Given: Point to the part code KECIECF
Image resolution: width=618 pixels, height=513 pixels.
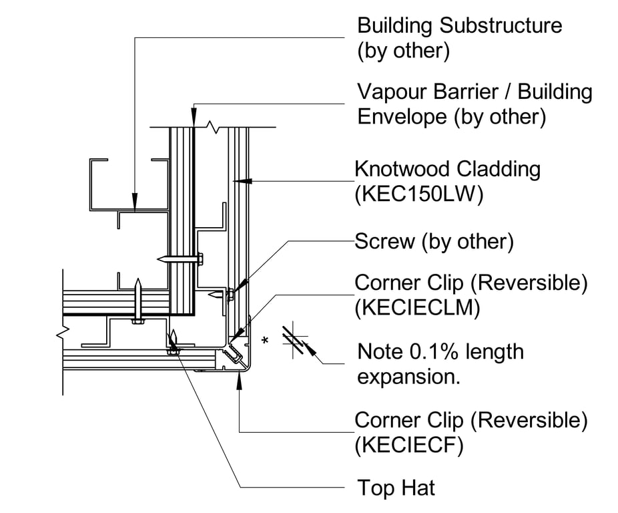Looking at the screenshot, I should coord(410,445).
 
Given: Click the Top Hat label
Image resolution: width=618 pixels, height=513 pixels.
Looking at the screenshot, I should coord(396,488).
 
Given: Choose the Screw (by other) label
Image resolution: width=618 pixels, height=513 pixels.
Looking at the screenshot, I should coord(434,241).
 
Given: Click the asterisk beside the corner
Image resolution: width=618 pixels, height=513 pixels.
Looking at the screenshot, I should coord(266,341).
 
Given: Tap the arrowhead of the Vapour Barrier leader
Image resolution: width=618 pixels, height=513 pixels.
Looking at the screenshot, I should coord(194,120).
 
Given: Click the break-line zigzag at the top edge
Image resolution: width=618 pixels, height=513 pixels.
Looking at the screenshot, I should coord(213,126).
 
